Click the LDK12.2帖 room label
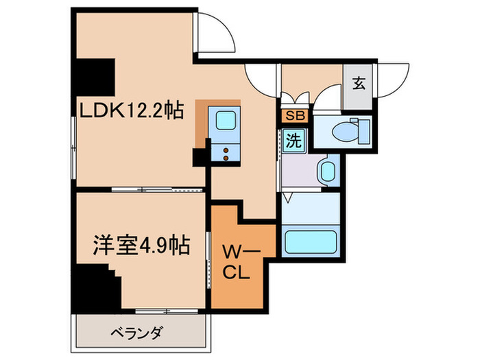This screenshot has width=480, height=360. [x=130, y=110]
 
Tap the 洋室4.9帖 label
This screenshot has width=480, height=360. [x=141, y=244]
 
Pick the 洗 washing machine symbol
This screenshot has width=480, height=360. [x=293, y=142]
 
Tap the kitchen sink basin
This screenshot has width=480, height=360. [x=226, y=121]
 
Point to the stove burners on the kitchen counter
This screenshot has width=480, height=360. [x=225, y=154]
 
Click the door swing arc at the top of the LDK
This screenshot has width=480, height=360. [x=217, y=34]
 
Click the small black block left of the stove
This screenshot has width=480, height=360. [x=200, y=157]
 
